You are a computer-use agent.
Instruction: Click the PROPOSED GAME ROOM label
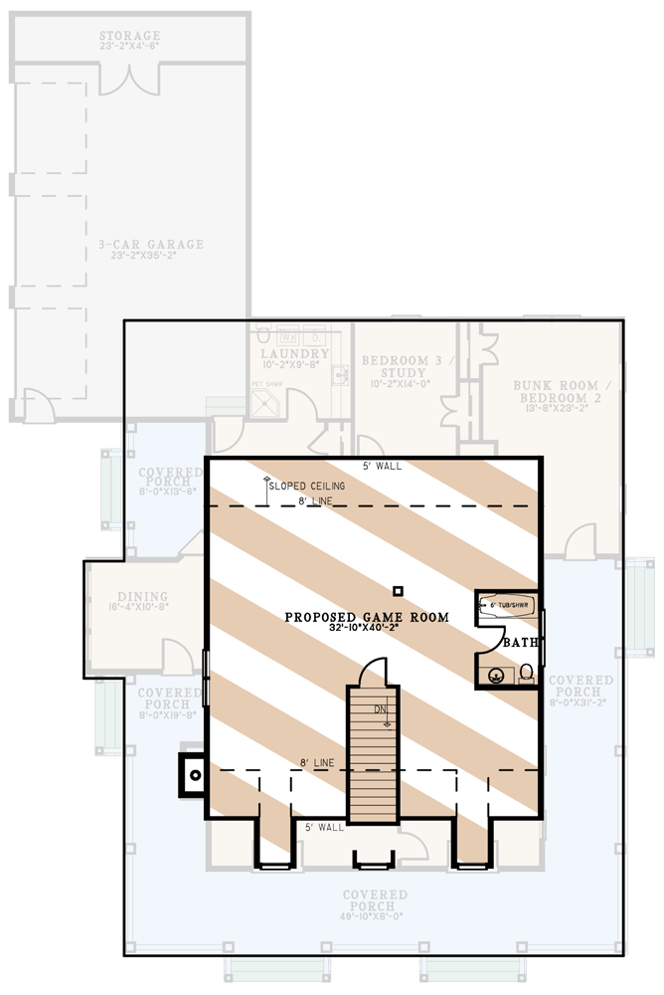pos(367,617)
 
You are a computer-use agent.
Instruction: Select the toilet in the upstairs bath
pos(527,675)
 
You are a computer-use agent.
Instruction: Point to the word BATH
pos(520,644)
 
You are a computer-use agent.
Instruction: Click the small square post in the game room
pos(397,589)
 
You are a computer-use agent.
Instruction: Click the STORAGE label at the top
pos(130,38)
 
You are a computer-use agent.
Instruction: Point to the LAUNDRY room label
pos(295,354)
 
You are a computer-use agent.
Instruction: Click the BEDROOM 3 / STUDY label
pos(396,365)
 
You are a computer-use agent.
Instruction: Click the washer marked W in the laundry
pos(283,336)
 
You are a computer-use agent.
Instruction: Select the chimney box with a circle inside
pos(195,773)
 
